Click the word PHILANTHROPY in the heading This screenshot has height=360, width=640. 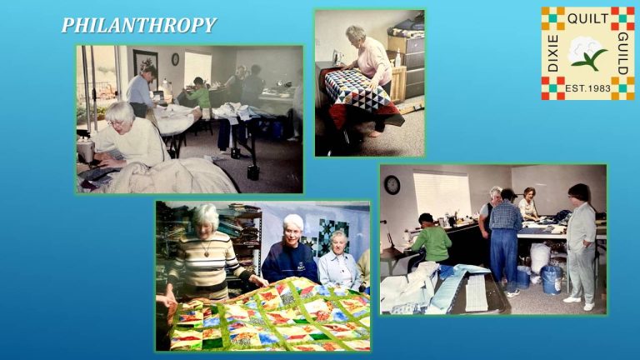(138, 26)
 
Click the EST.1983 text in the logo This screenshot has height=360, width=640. (587, 88)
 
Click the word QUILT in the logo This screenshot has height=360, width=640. (587, 17)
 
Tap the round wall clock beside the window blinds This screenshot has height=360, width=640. (392, 184)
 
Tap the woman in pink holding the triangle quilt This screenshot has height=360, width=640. (371, 67)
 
